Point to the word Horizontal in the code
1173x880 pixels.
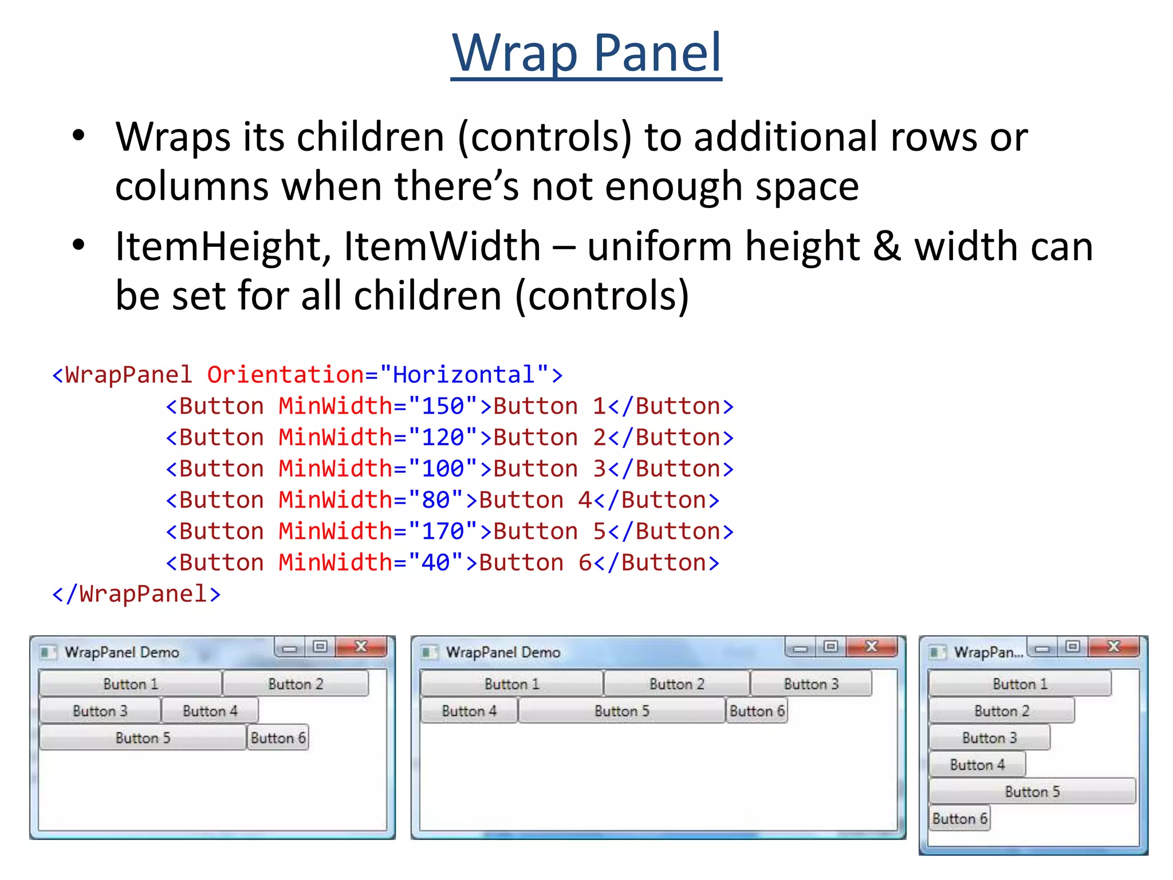click(x=463, y=375)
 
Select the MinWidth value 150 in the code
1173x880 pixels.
click(x=442, y=406)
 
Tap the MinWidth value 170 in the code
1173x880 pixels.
click(x=442, y=532)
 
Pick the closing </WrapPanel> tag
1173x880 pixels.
click(x=136, y=594)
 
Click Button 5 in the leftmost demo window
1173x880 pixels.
click(x=143, y=738)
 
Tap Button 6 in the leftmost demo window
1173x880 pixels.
click(x=278, y=738)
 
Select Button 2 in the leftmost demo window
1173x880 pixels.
click(x=296, y=684)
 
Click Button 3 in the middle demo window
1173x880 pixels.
click(x=811, y=684)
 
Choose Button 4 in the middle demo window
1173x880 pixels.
click(x=469, y=711)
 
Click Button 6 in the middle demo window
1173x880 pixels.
click(x=757, y=711)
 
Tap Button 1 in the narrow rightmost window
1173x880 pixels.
click(x=1020, y=684)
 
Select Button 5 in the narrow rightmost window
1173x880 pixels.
click(x=1032, y=792)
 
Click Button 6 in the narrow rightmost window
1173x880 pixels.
click(x=959, y=819)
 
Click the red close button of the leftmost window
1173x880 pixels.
click(x=361, y=647)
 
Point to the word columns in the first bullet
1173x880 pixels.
click(x=192, y=187)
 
